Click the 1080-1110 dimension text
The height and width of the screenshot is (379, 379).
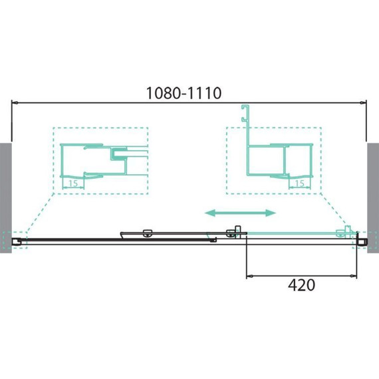pyautogui.click(x=184, y=93)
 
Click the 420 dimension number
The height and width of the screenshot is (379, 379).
pyautogui.click(x=301, y=285)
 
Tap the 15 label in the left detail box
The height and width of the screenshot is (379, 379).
pyautogui.click(x=73, y=184)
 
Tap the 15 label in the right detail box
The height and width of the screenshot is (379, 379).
pyautogui.click(x=299, y=184)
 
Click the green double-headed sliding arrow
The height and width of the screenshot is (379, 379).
pyautogui.click(x=240, y=213)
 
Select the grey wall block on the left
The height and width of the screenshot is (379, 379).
pyautogui.click(x=6, y=198)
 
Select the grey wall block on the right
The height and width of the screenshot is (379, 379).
pyautogui.click(x=373, y=198)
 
